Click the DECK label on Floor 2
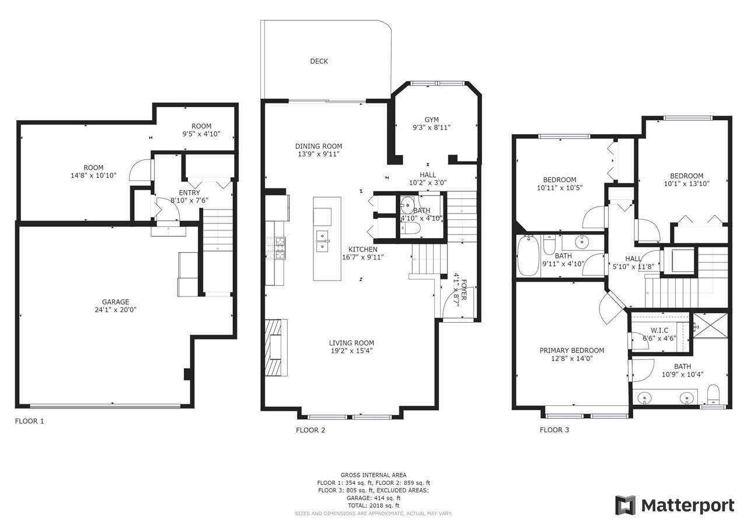(x=319, y=61)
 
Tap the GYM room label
(x=431, y=120)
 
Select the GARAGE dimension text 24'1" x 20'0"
(x=116, y=310)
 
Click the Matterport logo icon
(x=625, y=506)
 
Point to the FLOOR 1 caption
(x=29, y=421)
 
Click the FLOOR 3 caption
(x=554, y=429)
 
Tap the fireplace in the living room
(x=276, y=347)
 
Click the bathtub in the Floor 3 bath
(x=528, y=256)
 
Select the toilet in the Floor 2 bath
(x=410, y=229)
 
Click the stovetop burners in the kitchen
(x=276, y=248)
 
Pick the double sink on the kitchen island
(x=323, y=241)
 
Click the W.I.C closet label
(x=659, y=330)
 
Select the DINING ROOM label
(x=319, y=146)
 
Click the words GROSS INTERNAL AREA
(x=373, y=475)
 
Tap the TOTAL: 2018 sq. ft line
(x=373, y=505)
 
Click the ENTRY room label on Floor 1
(x=189, y=193)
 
